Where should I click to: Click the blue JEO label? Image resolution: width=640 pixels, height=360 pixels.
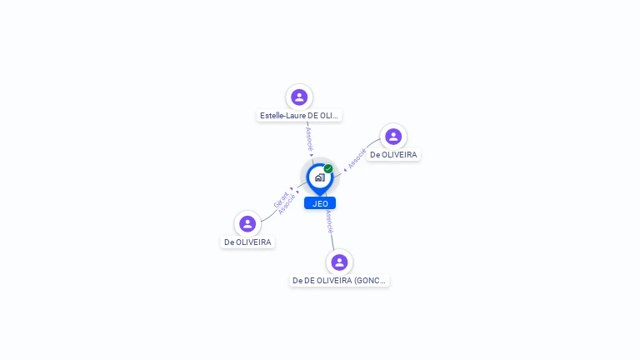[320, 203]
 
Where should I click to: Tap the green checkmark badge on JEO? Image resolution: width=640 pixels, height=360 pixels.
[328, 169]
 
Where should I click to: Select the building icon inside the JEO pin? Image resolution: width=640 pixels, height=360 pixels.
[319, 177]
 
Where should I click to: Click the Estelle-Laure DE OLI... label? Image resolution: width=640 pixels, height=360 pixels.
[299, 116]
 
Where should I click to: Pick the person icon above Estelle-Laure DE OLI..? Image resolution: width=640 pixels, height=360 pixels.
[299, 97]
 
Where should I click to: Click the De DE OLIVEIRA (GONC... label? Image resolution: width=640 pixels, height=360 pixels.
[339, 281]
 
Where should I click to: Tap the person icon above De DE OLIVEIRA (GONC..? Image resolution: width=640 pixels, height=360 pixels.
[339, 262]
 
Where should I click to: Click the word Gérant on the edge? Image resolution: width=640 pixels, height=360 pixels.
[281, 200]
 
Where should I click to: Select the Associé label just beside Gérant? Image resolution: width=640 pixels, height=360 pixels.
[287, 205]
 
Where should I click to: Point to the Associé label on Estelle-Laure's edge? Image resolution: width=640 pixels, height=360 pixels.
[309, 138]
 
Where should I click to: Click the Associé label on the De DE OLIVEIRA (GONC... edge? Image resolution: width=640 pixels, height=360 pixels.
[330, 221]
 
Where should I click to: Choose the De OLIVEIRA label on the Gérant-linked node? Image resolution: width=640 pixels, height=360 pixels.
[247, 242]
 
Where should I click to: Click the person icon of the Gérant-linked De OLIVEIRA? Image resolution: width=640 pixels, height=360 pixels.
[247, 223]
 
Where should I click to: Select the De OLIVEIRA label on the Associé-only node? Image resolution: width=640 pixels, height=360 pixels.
[393, 155]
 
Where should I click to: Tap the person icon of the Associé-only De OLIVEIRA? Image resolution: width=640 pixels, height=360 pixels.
[393, 136]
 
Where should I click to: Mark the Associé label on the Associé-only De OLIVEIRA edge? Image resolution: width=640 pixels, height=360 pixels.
[357, 158]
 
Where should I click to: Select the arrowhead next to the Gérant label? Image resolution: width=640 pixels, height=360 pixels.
[297, 191]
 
